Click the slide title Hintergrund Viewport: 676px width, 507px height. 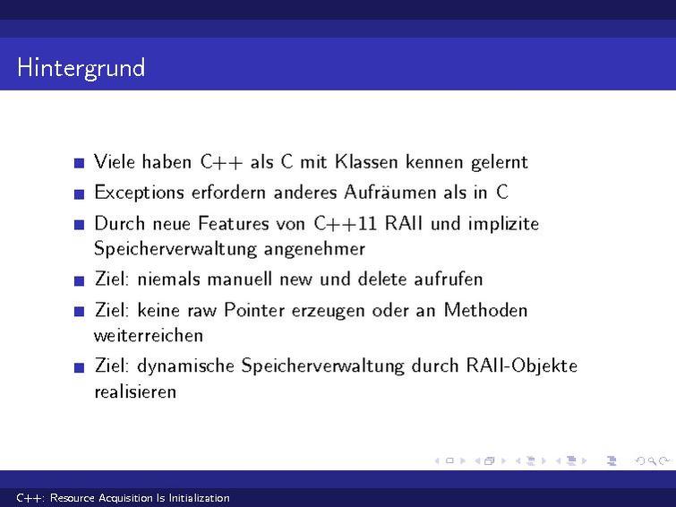(81, 68)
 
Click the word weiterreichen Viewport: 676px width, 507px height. (149, 336)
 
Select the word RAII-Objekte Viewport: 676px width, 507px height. (522, 366)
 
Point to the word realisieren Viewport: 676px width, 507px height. (135, 392)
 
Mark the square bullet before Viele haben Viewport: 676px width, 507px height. (80, 163)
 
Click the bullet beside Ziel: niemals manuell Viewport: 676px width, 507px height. (80, 280)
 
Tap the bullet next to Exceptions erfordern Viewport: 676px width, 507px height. (80, 193)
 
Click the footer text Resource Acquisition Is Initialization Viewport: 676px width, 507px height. (140, 498)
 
